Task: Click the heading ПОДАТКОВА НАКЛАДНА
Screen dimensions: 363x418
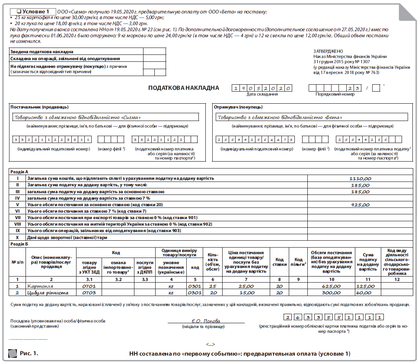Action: coord(183,88)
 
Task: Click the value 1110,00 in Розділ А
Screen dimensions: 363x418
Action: coord(361,178)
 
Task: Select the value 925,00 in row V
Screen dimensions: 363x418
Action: coord(361,205)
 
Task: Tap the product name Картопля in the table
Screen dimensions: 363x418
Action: coord(40,286)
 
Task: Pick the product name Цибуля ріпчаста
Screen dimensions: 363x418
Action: coord(48,293)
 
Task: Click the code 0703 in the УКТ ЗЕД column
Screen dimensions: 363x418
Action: coord(89,293)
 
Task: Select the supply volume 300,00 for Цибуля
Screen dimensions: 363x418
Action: coord(331,293)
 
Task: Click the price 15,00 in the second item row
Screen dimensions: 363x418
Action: coord(246,293)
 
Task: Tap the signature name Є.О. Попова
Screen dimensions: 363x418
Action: coord(206,321)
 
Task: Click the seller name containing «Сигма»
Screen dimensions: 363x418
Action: coord(78,117)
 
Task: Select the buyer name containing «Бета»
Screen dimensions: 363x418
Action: coord(280,117)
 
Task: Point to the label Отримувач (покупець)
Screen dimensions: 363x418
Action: coord(239,107)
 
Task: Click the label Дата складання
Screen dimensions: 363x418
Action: coord(262,94)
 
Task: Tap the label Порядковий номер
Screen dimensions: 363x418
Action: coord(332,94)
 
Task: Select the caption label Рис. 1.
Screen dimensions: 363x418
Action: coord(29,353)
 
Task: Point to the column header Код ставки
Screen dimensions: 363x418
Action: coord(279,262)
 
